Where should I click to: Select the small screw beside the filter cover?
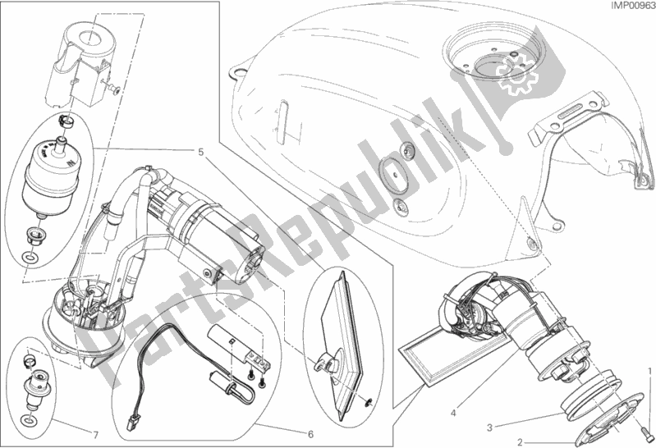point(115,88)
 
